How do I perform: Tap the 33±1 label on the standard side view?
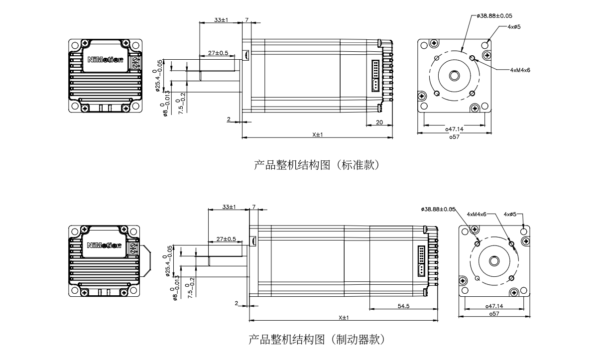(221, 20)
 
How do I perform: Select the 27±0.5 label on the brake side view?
(226, 239)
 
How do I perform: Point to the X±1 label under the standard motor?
(318, 134)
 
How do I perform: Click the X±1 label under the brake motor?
(344, 318)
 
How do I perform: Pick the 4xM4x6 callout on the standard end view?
(520, 70)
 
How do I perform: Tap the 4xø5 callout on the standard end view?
(514, 26)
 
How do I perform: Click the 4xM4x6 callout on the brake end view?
(477, 214)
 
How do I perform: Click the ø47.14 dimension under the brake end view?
(494, 307)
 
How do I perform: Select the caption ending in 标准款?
(317, 165)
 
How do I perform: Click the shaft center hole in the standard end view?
(455, 76)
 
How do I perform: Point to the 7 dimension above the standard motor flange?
(247, 20)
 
